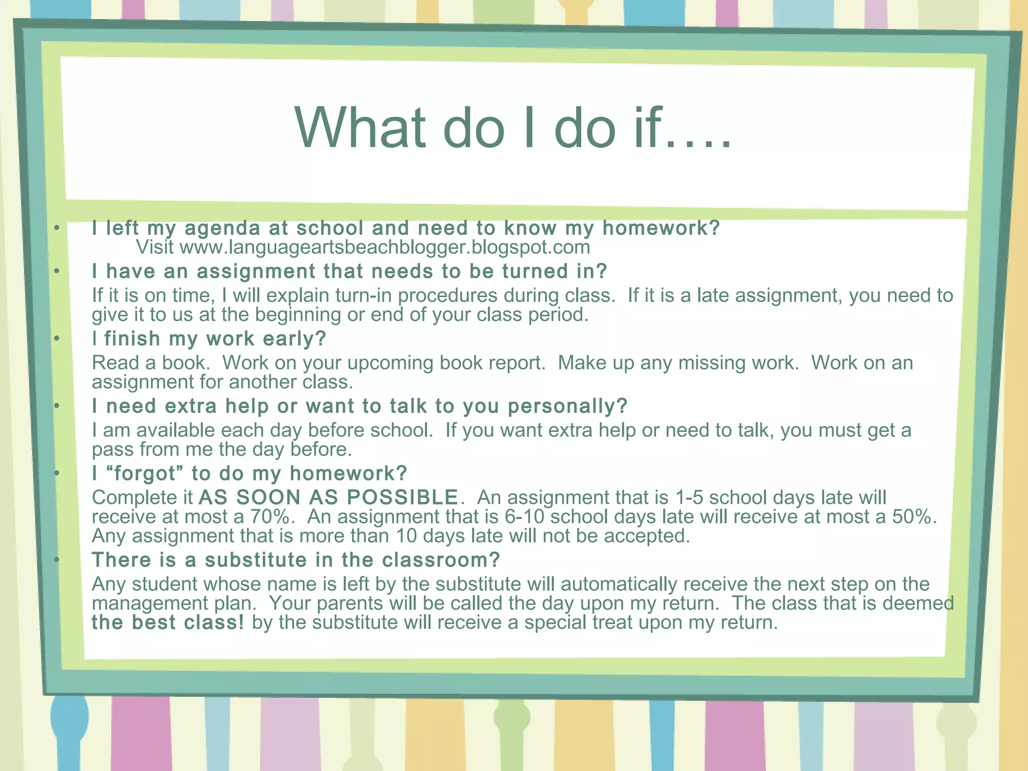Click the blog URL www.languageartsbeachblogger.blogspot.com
tap(384, 247)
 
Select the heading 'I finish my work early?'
tap(209, 339)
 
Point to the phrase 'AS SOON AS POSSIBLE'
tap(328, 497)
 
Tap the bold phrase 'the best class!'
tap(168, 622)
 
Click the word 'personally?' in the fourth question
tap(568, 406)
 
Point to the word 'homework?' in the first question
tap(661, 228)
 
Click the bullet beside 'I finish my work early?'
tap(57, 339)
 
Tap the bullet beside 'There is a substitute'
tap(57, 559)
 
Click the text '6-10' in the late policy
tap(524, 517)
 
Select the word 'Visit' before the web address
tap(155, 247)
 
